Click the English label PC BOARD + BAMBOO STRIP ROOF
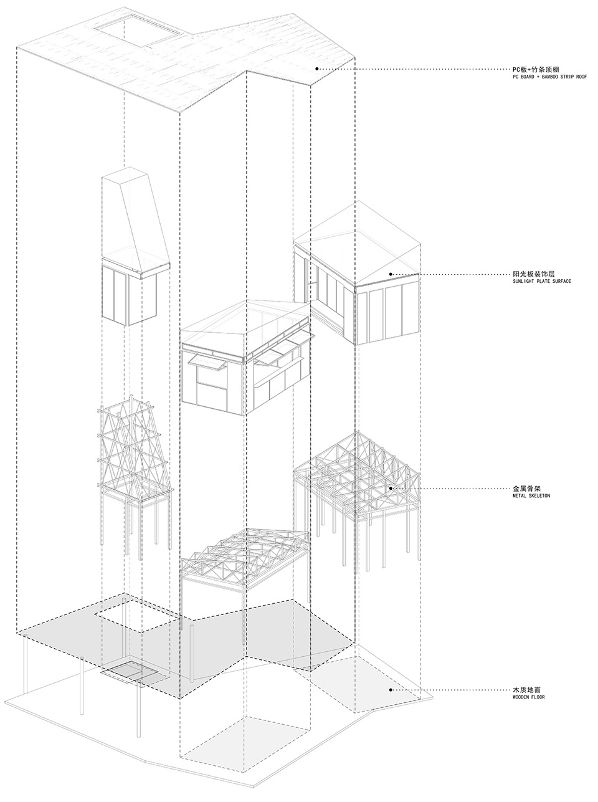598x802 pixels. [x=549, y=77]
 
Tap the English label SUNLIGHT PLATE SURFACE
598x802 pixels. [x=542, y=281]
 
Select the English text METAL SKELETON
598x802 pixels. [x=531, y=496]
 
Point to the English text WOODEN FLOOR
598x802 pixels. [x=528, y=697]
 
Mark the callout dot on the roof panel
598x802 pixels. [x=317, y=69]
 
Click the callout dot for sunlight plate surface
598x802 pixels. [x=391, y=274]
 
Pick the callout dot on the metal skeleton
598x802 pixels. [x=391, y=488]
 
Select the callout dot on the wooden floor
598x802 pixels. [x=391, y=690]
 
